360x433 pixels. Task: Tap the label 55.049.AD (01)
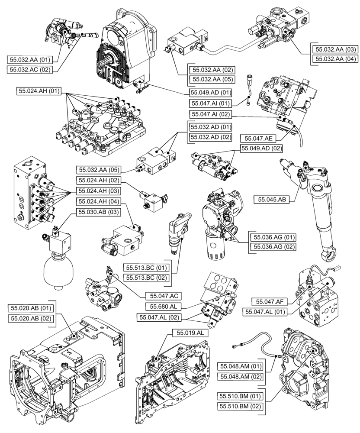coord(211,93)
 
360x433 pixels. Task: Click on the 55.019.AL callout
coord(190,333)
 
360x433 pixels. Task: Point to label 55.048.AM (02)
coord(239,376)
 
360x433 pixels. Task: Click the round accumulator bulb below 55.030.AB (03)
coord(58,269)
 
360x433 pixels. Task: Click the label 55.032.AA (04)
coord(335,59)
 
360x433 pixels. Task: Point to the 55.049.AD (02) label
coord(259,149)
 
